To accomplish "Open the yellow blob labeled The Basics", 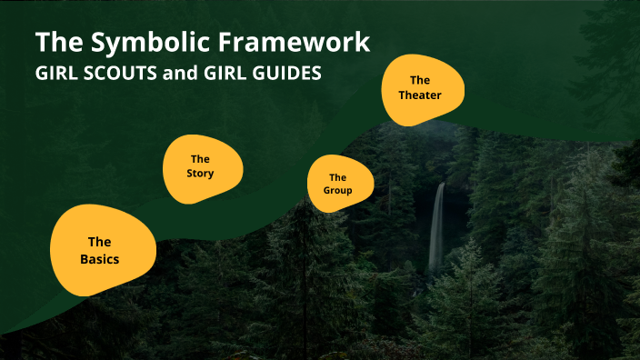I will pos(99,250).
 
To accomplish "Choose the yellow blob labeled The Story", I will pos(202,166).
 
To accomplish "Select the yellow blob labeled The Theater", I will pos(421,87).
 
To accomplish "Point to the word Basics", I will pos(99,259).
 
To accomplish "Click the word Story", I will pos(201,174).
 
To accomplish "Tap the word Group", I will pos(337,191).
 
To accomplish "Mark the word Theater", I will pos(420,95).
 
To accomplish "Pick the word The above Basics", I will pos(99,242).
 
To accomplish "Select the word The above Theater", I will pos(420,80).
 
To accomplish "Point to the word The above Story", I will pos(201,159).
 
